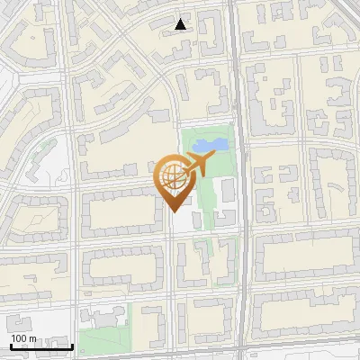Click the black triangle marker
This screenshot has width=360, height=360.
point(181,24)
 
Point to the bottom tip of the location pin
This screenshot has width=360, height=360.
point(174,211)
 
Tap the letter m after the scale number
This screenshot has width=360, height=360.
point(32,338)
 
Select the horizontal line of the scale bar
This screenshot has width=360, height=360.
point(40,346)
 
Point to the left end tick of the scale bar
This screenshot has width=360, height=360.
point(9,345)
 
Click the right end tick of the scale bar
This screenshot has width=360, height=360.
point(73,345)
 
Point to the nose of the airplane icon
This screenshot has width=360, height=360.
point(213,158)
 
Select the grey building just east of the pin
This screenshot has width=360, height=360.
point(227,191)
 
